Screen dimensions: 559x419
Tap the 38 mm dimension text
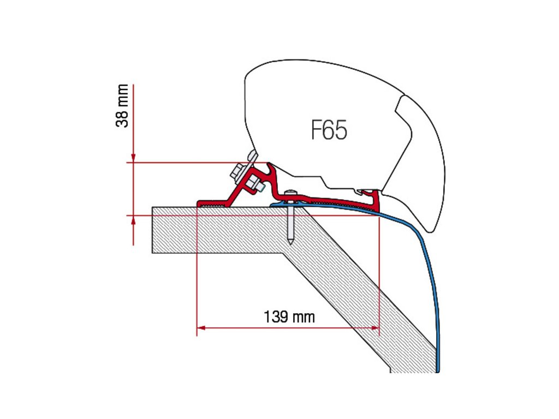click(124, 105)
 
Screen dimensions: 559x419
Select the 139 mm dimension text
click(289, 316)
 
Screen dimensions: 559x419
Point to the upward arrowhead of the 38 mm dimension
click(133, 219)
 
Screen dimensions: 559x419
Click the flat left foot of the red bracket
click(210, 203)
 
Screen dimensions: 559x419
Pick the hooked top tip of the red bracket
click(270, 164)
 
